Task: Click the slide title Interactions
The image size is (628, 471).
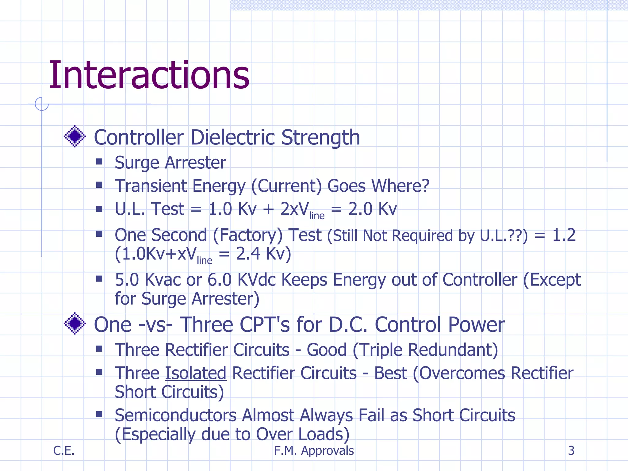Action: point(149,75)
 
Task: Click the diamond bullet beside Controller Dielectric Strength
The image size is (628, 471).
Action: point(75,136)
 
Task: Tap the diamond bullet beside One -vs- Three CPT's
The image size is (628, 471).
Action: point(75,324)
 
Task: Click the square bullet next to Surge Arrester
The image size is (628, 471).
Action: point(99,162)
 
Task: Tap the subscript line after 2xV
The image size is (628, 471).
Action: point(316,216)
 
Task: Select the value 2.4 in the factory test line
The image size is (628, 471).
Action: point(248,254)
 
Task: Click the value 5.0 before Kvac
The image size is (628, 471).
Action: point(127,280)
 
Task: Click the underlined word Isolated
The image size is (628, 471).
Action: point(196,373)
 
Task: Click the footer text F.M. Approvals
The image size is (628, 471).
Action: point(314,450)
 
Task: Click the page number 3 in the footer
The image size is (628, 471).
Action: point(571,450)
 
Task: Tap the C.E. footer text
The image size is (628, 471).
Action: point(64,450)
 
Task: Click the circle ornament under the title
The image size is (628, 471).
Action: point(42,104)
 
